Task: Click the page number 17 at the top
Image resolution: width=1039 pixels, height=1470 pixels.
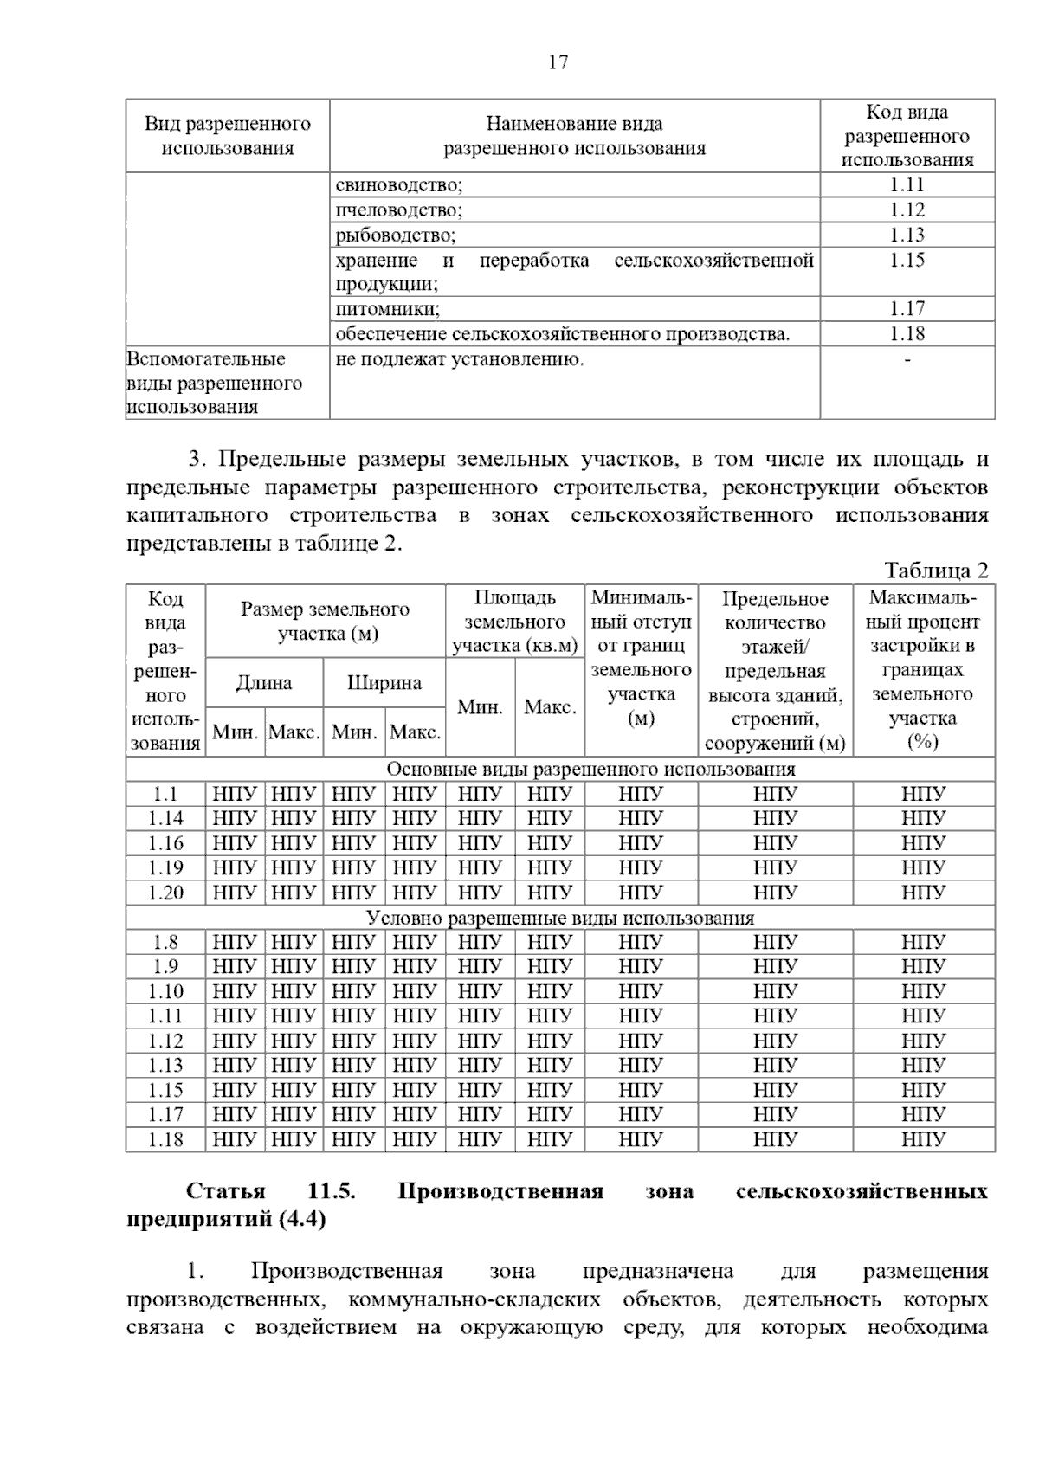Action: pos(558,62)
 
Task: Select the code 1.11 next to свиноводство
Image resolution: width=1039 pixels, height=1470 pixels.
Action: pos(907,185)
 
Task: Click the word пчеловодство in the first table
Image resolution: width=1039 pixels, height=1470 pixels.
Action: pos(398,210)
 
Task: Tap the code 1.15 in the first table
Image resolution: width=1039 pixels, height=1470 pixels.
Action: pos(907,261)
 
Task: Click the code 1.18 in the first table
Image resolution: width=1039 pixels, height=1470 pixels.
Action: pos(907,334)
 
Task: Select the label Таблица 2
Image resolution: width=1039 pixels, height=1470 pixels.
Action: pos(936,571)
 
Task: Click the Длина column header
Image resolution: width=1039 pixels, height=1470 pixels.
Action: pos(264,683)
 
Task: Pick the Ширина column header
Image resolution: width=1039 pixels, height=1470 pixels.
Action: pos(384,683)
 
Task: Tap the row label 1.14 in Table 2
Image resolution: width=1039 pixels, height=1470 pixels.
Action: pos(165,819)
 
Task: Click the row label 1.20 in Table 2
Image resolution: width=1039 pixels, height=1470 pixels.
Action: pos(165,893)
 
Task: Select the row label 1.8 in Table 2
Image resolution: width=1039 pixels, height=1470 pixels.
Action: pos(165,943)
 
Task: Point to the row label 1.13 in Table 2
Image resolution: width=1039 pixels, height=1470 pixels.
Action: pos(165,1066)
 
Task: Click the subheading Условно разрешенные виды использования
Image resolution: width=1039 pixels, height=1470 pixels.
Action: pos(560,919)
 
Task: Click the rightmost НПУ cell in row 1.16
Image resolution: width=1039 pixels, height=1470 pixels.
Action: pos(923,844)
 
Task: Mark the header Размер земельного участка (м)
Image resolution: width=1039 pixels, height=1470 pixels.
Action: pos(326,622)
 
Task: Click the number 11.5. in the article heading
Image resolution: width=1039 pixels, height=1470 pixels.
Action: pos(332,1191)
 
